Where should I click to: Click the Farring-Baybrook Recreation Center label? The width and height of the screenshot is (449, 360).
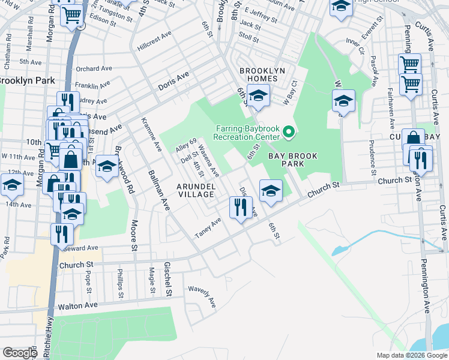247,130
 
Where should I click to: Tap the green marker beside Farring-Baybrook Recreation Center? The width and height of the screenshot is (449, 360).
289,131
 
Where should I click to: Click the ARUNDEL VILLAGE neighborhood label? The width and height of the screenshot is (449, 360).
195,190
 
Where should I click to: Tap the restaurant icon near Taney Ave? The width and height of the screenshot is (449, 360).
240,208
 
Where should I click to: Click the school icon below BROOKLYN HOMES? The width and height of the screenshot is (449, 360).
258,95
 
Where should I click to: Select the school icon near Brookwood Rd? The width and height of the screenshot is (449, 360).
106,167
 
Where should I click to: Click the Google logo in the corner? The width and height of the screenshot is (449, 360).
20,353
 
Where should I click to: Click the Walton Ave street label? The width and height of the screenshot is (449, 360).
77,306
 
